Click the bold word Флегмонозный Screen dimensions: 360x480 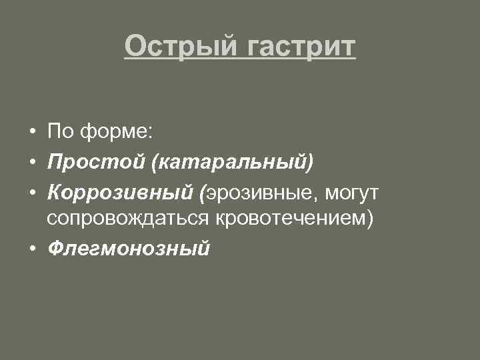(129, 249)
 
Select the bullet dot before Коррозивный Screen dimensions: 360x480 (32, 193)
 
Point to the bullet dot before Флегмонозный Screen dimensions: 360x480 (32, 249)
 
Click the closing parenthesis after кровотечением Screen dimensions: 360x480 (371, 219)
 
